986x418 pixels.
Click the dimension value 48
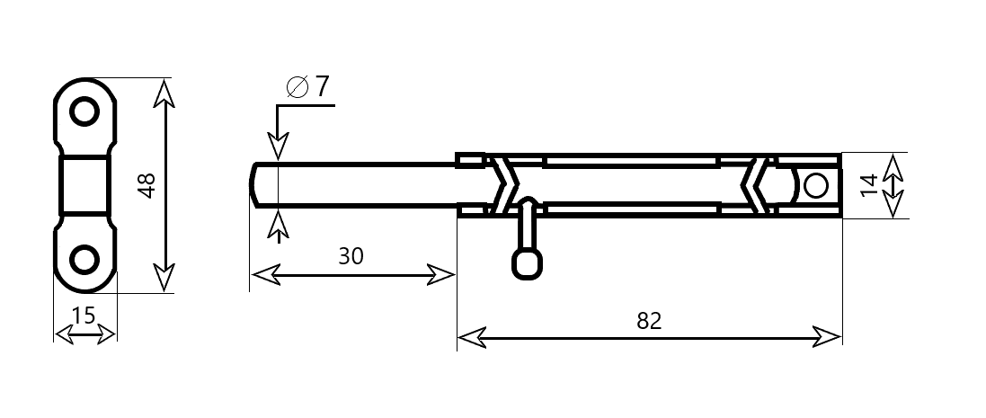(147, 185)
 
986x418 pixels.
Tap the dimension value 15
(84, 316)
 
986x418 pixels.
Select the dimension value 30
(351, 256)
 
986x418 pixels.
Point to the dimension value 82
(650, 321)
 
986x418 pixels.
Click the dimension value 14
(868, 185)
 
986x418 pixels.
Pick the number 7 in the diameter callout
(322, 86)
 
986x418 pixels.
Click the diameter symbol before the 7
(298, 87)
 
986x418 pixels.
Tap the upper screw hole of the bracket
(84, 111)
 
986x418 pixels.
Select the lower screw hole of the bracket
(84, 259)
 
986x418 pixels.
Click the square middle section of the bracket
(84, 185)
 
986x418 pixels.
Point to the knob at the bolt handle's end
(528, 263)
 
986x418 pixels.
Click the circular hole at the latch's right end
(816, 186)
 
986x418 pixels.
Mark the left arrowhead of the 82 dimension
(471, 337)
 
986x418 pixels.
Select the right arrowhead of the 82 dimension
(828, 337)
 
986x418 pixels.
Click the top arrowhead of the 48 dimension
(164, 93)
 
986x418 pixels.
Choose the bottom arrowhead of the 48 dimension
(164, 277)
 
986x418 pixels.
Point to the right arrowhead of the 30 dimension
(440, 275)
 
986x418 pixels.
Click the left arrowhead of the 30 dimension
(265, 275)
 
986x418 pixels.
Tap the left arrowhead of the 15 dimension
(64, 334)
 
